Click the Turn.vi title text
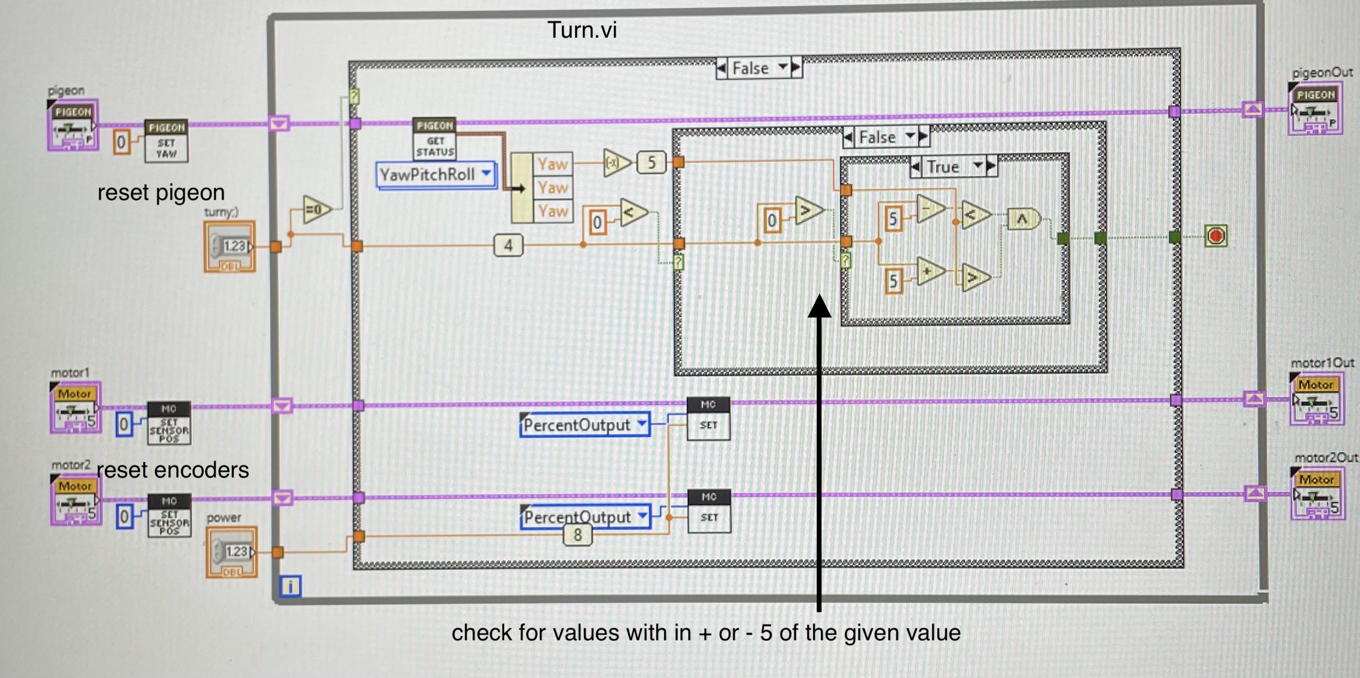582,30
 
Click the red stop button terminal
1215,236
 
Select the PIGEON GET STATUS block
435,139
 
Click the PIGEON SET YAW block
167,140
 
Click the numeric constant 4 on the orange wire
508,245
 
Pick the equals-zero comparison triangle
316,210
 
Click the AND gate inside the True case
1023,219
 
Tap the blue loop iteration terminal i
290,586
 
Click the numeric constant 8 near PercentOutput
578,535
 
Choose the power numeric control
231,552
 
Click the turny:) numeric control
230,246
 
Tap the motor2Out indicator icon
1316,494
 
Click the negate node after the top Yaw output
616,163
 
